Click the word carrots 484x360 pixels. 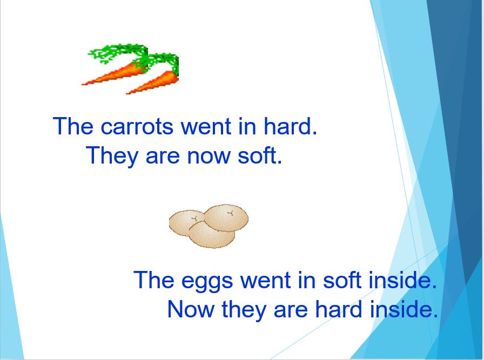point(137,126)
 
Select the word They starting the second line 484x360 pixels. point(111,157)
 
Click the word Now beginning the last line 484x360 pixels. point(191,309)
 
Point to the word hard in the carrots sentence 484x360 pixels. point(290,126)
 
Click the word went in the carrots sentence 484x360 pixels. point(206,126)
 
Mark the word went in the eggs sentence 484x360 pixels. point(265,280)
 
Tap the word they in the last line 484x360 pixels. point(244,310)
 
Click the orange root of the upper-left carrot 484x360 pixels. point(113,73)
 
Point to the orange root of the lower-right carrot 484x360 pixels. point(153,83)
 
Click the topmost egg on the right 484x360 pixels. point(226,218)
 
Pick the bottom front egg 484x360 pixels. point(212,236)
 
